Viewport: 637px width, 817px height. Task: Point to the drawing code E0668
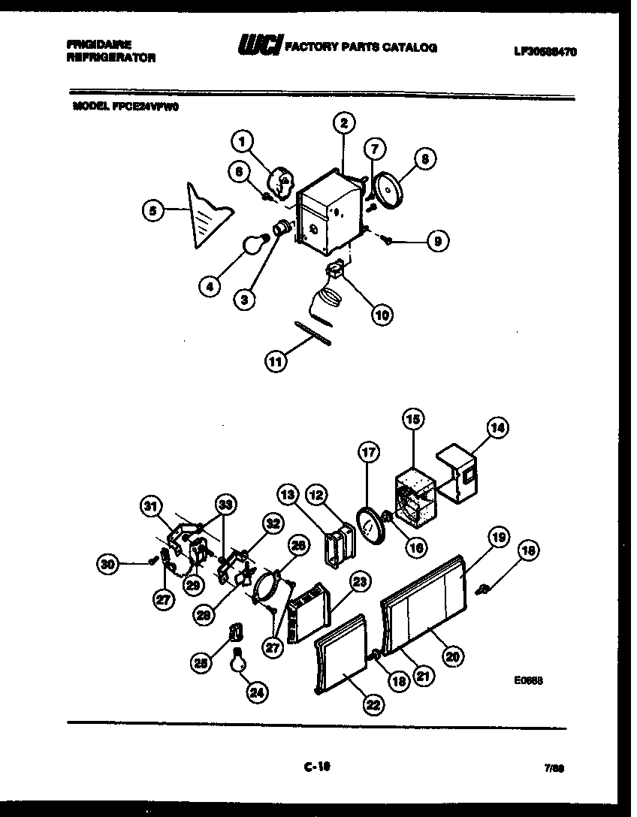coord(529,681)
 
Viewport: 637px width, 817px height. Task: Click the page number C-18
coord(317,767)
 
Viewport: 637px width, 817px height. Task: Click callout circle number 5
coord(153,212)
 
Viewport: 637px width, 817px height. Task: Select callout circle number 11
coord(276,362)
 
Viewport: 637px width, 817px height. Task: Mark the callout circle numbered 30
coord(109,562)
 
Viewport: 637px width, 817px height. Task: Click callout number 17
coord(367,452)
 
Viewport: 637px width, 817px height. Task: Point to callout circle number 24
coord(258,693)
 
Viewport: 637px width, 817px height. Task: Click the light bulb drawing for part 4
coord(255,244)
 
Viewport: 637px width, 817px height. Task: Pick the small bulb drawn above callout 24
coord(239,659)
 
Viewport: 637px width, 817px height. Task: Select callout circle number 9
coord(436,242)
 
